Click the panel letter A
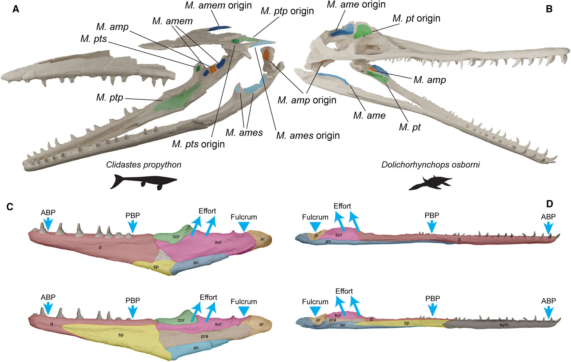coord(16,9)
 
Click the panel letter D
coord(549,204)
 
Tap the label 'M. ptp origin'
coord(287,11)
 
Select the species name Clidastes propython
coord(144,164)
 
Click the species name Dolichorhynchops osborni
coord(430,164)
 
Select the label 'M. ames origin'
coord(308,136)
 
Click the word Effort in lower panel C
coord(208,297)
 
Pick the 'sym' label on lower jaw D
coord(504,325)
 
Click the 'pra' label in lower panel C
coord(204,336)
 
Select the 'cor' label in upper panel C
coord(176,236)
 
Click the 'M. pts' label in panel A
coord(94,39)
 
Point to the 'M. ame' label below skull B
coord(369,115)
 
